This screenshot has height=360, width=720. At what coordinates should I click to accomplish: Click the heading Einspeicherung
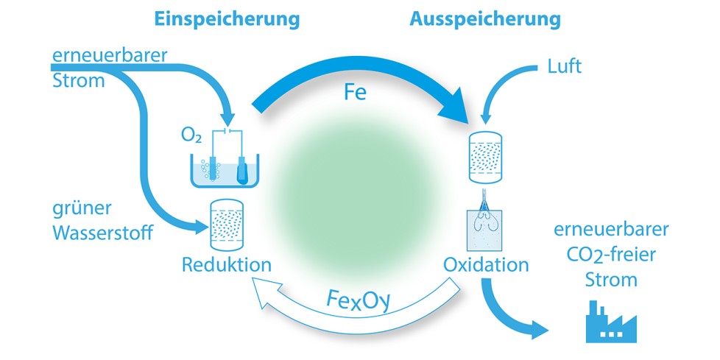(x=226, y=20)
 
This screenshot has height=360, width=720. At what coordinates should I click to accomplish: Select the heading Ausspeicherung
(x=485, y=20)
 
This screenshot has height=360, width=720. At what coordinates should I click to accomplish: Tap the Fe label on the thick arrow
(x=356, y=92)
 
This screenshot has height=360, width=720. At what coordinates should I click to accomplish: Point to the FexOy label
(x=359, y=301)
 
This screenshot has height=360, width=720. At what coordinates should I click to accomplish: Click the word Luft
(x=565, y=66)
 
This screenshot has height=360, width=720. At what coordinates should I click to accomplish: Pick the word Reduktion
(x=227, y=265)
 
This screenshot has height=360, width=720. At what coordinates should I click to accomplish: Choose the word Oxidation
(x=486, y=265)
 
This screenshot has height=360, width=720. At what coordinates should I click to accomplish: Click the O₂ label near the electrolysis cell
(x=191, y=135)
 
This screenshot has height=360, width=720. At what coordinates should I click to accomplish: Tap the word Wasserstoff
(x=102, y=233)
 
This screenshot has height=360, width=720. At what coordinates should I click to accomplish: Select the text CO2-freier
(x=611, y=255)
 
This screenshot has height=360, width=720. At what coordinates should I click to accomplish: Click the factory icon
(x=611, y=322)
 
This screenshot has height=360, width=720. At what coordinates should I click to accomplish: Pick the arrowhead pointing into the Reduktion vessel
(x=202, y=227)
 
